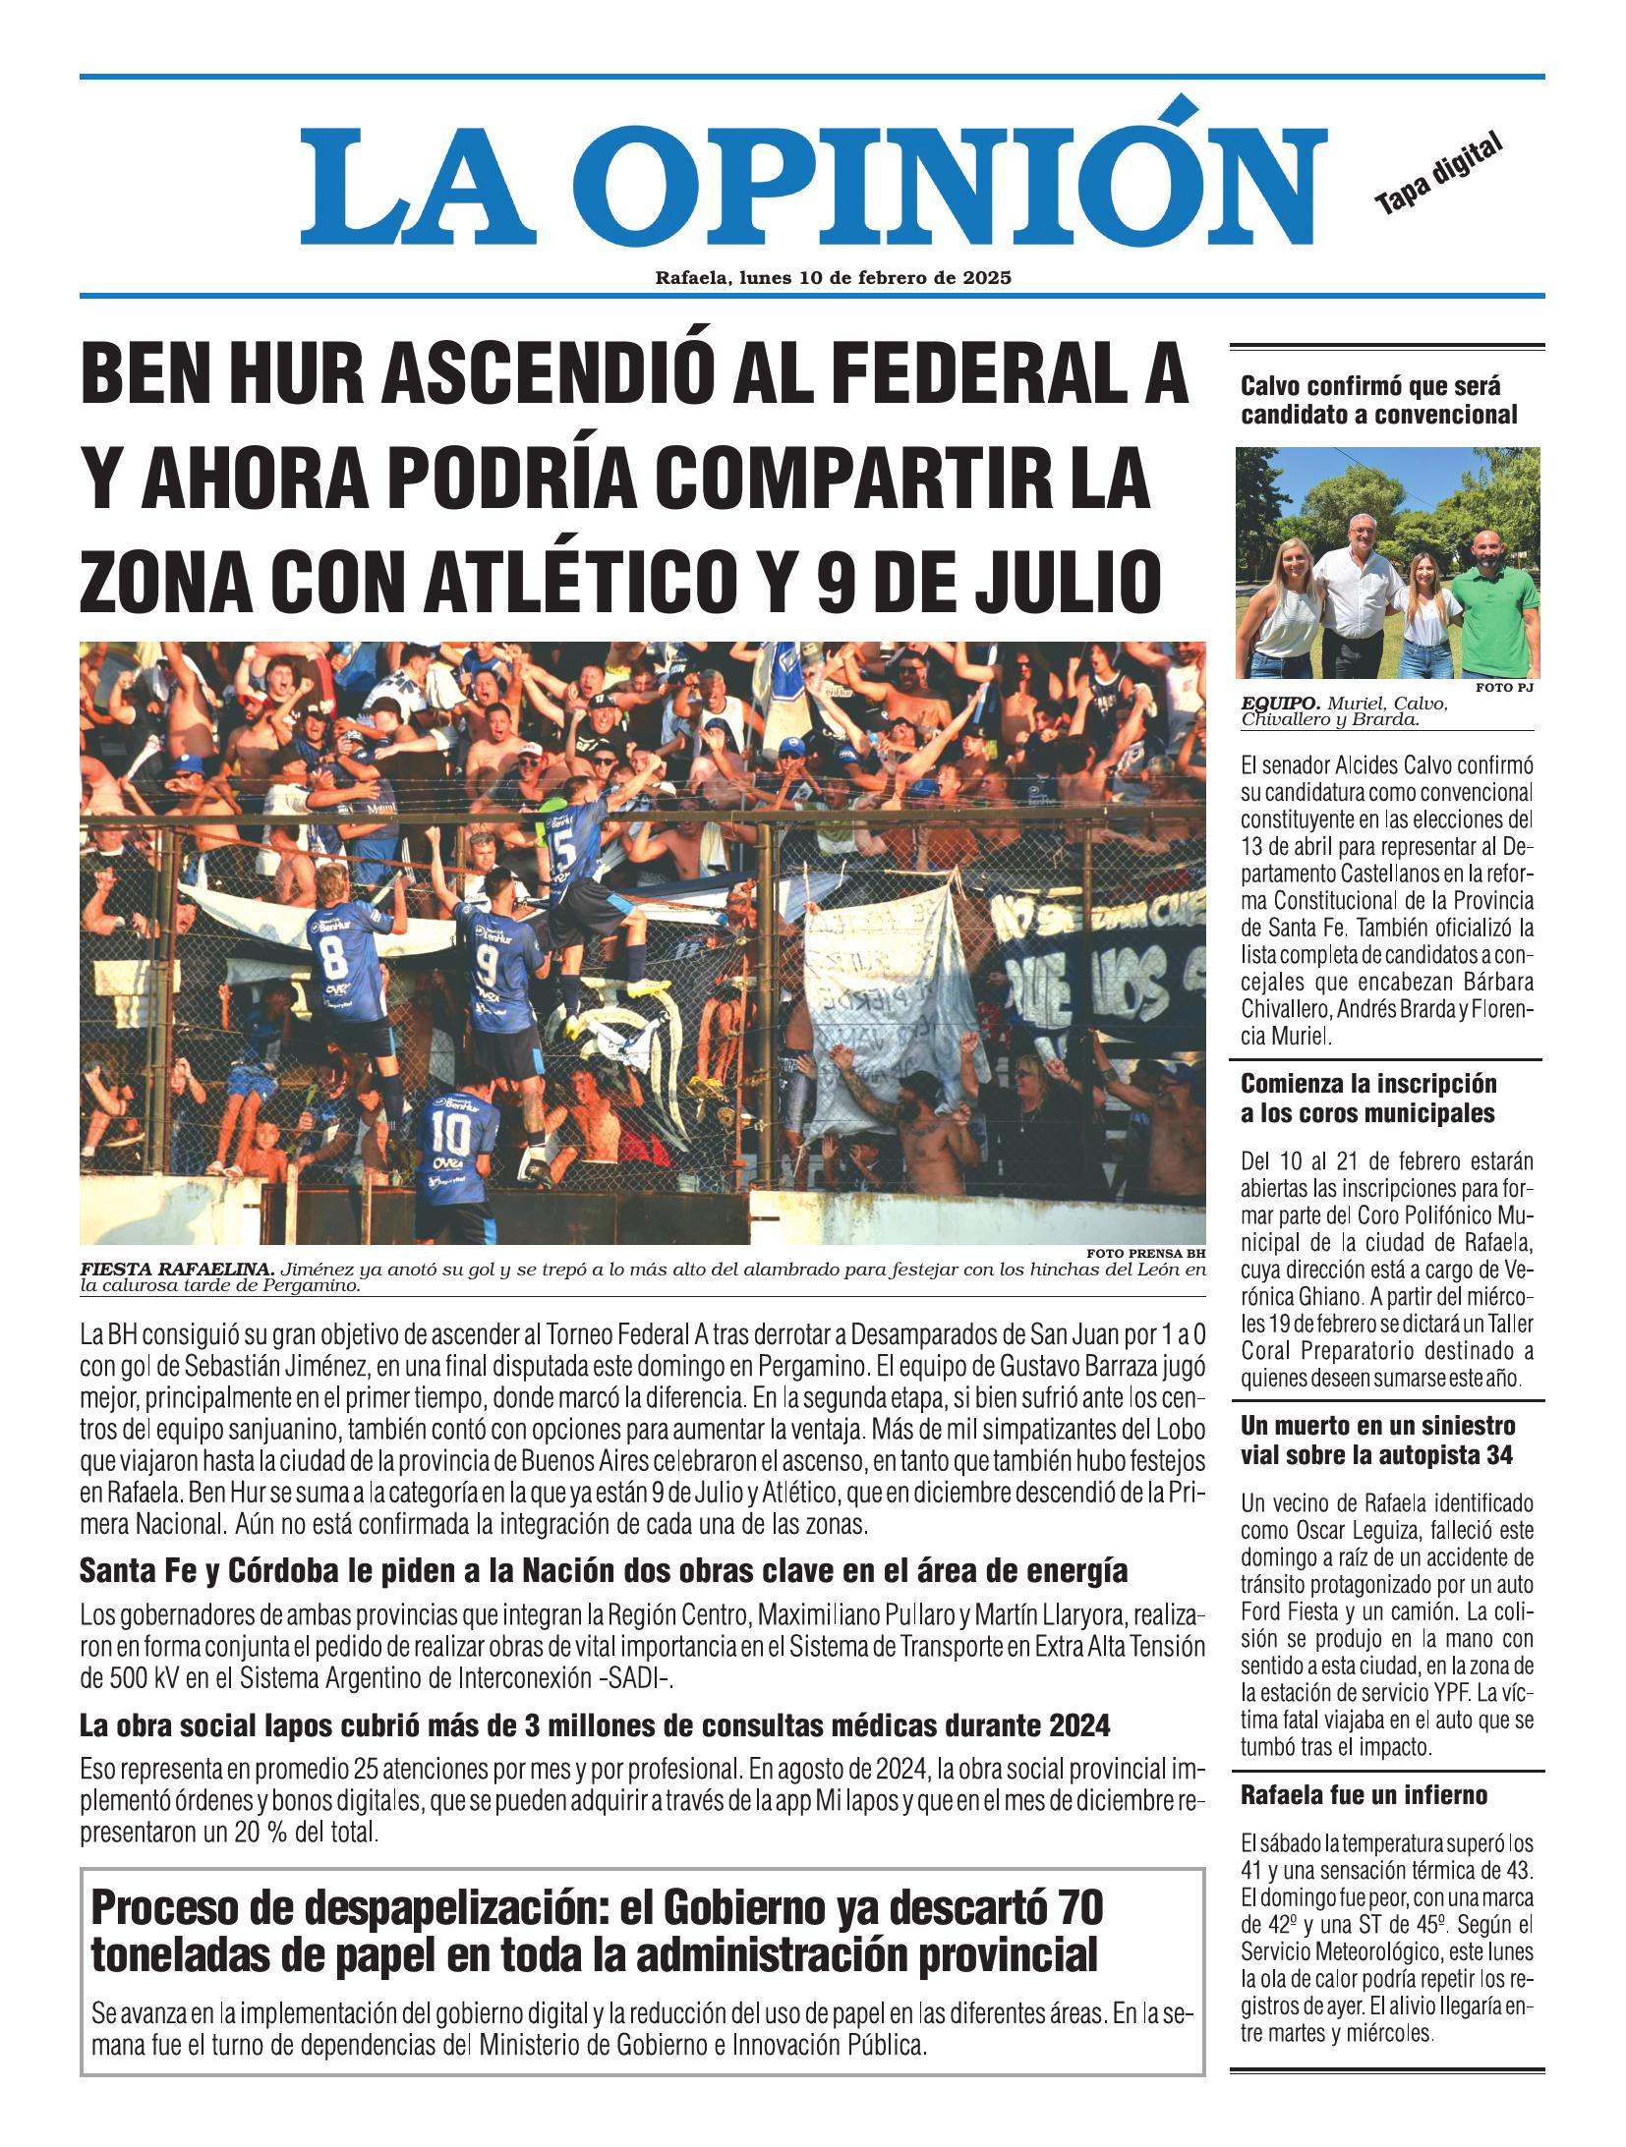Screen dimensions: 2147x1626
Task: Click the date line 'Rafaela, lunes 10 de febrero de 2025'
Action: pyautogui.click(x=834, y=278)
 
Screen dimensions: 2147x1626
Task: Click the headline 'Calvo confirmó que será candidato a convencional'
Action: pyautogui.click(x=1378, y=400)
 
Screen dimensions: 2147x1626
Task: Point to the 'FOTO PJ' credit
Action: pyautogui.click(x=1504, y=687)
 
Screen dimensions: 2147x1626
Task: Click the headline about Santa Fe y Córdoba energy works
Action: pyautogui.click(x=603, y=1571)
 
